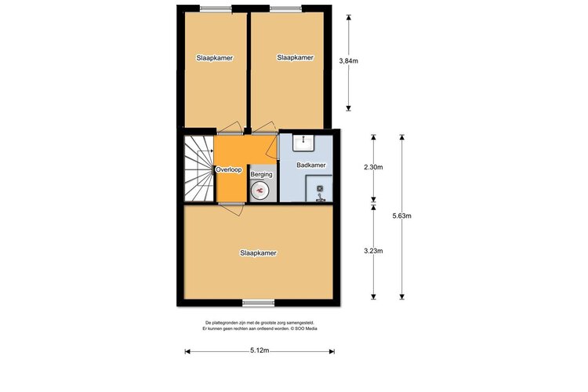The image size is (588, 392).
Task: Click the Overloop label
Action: click(227, 169)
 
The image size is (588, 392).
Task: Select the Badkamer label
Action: click(310, 165)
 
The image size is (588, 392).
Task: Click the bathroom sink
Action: click(303, 143)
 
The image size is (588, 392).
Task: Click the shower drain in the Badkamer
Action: click(320, 188)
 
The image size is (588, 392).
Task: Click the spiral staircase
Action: click(198, 169)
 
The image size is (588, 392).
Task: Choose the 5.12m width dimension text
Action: click(259, 350)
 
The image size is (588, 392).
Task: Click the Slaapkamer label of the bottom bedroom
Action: click(259, 252)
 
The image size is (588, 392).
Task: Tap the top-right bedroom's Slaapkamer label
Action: click(296, 57)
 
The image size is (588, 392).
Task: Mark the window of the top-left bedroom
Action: click(216, 9)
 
